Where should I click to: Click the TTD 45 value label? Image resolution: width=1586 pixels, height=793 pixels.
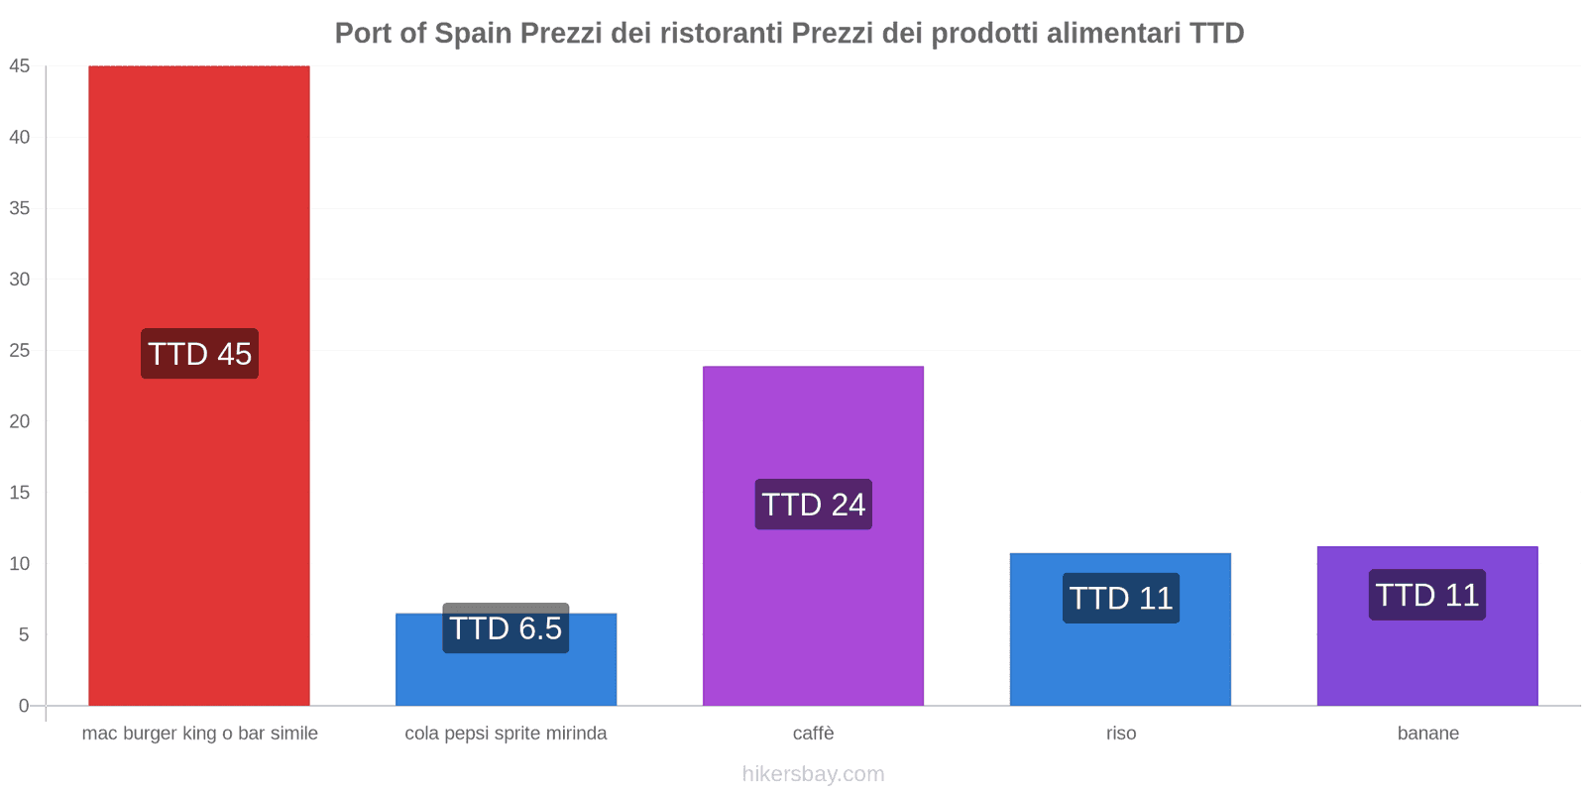(x=199, y=354)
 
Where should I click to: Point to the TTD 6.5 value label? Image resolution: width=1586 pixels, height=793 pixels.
(x=506, y=628)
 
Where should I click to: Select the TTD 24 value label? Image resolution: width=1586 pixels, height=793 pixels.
(x=813, y=505)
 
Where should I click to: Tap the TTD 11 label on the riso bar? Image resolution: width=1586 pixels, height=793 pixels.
(x=1120, y=598)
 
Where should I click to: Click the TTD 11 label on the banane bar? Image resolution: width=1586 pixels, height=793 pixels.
(x=1426, y=595)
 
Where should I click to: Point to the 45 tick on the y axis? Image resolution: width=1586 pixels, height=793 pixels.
(x=20, y=66)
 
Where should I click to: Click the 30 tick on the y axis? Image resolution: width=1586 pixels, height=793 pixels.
(x=20, y=280)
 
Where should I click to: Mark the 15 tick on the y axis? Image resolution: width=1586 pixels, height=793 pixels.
(x=20, y=493)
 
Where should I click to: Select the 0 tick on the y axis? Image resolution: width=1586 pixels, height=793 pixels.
(x=24, y=706)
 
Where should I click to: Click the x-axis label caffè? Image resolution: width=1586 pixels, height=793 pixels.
(x=813, y=734)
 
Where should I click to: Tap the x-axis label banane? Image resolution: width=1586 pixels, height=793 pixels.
(x=1427, y=734)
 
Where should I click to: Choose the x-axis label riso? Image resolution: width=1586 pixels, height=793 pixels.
(x=1121, y=734)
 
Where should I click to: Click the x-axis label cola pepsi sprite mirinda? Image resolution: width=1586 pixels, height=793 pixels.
(x=506, y=734)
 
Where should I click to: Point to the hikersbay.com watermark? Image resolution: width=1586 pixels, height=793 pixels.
(x=813, y=774)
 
